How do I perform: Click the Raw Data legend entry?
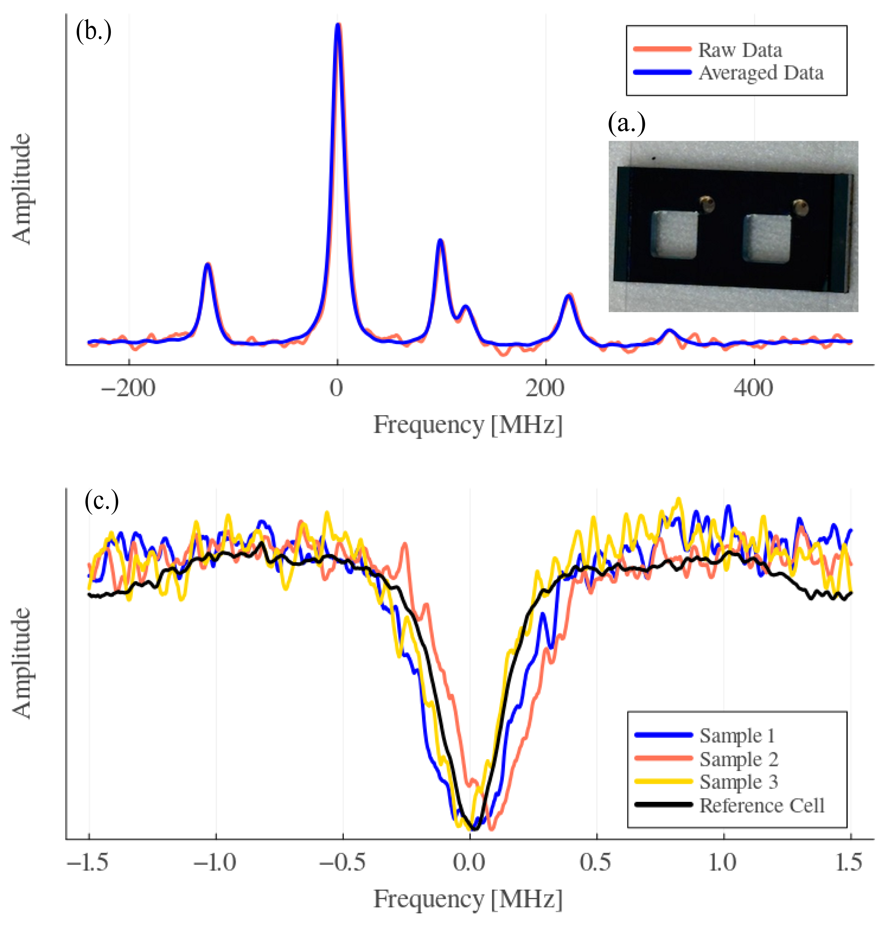[x=708, y=49]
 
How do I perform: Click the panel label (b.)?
[x=93, y=31]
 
